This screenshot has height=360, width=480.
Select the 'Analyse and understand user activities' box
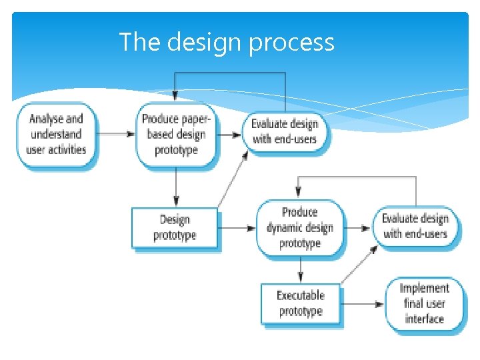[x=57, y=134]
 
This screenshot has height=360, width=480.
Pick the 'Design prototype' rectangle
[x=175, y=228]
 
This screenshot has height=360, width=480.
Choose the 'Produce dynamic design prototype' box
[x=300, y=228]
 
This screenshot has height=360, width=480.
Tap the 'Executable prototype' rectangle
[x=301, y=303]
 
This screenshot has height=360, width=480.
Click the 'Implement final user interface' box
[x=424, y=303]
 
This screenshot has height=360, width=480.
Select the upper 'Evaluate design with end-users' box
[x=285, y=131]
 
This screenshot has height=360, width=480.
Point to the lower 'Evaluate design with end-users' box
[x=415, y=227]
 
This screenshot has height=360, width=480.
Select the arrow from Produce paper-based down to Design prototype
[x=176, y=187]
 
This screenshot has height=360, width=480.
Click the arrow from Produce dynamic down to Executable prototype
[x=301, y=270]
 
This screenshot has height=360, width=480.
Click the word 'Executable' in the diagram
[x=301, y=295]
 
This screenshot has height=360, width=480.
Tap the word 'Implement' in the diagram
[x=424, y=289]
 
